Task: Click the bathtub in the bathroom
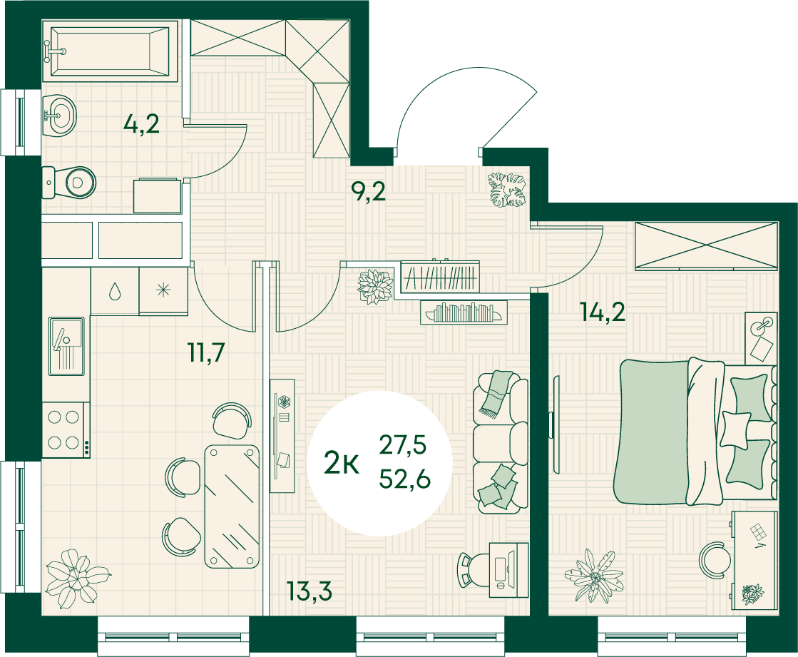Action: tap(110, 51)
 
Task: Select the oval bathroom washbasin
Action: tap(59, 116)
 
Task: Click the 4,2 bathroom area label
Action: tap(141, 123)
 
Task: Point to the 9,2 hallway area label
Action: tap(369, 191)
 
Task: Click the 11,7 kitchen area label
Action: tap(207, 352)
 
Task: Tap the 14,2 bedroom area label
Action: tap(603, 312)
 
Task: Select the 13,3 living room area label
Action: tap(310, 591)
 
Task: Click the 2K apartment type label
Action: tap(342, 464)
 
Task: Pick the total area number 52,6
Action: tap(405, 479)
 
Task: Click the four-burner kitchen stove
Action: tap(66, 429)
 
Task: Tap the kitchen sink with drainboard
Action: tap(66, 346)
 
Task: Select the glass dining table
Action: tap(232, 506)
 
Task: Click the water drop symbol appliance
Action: tap(115, 290)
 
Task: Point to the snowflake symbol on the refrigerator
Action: tap(163, 290)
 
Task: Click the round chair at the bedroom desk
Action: tap(715, 560)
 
